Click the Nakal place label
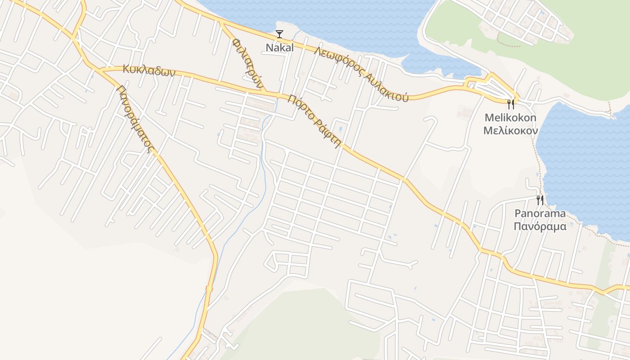279,47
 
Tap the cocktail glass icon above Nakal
279,34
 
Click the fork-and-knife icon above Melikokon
511,104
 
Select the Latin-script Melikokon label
510,118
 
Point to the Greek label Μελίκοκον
510,130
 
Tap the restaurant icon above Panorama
540,200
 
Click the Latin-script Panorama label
540,213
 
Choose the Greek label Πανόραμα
540,226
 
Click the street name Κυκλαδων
148,71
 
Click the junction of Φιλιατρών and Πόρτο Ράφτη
265,93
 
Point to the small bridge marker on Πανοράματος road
209,288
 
